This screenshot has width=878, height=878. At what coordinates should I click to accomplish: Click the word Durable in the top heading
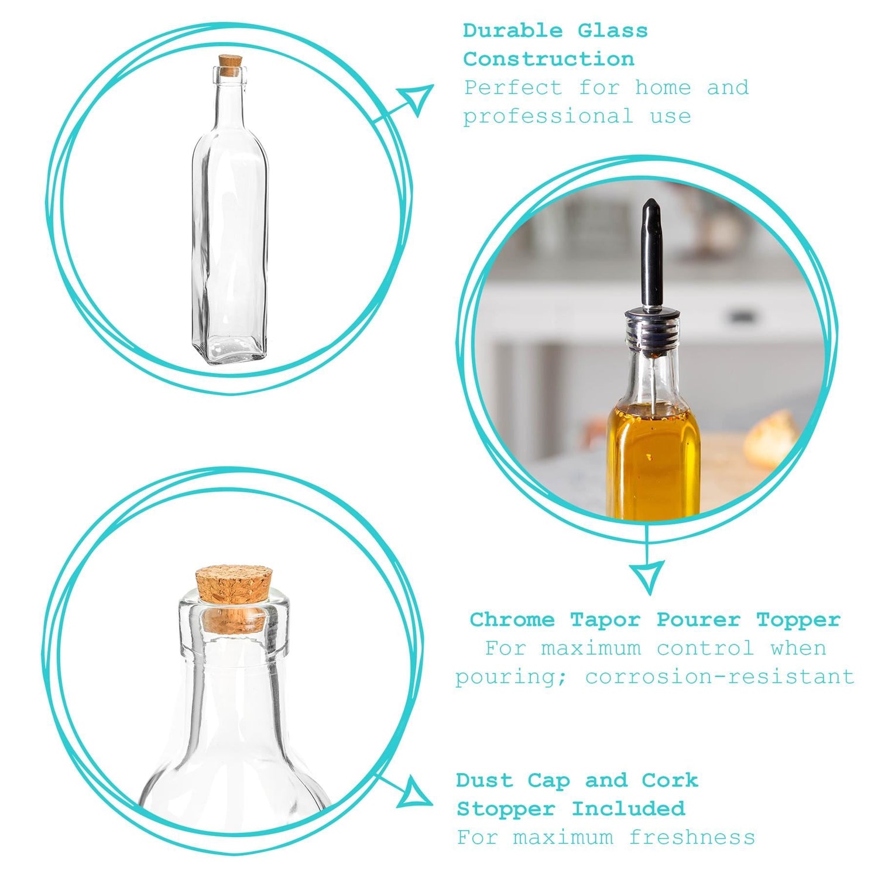click(513, 30)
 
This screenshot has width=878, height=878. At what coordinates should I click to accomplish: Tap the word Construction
click(548, 59)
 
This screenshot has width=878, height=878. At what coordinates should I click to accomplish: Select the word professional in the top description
click(548, 116)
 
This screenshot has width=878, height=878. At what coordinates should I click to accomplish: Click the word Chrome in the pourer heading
click(512, 619)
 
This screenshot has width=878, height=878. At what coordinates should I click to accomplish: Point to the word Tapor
click(605, 619)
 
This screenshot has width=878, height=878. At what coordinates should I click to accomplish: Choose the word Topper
click(798, 619)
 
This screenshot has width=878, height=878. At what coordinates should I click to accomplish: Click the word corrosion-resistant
click(720, 677)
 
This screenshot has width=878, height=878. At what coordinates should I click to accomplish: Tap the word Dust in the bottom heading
click(484, 780)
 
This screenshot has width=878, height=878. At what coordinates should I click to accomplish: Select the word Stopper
click(505, 809)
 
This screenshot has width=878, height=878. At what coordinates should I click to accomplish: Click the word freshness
click(692, 838)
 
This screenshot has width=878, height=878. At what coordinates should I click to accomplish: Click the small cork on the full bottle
click(230, 64)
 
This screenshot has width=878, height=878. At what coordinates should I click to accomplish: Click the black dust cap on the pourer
click(651, 252)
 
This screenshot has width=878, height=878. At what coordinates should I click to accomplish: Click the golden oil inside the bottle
click(653, 457)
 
